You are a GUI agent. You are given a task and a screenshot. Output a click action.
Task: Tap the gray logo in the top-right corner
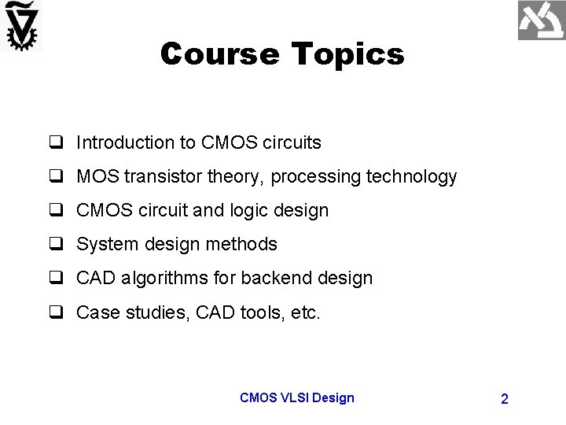click(x=541, y=21)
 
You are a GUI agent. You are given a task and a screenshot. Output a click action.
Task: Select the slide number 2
click(x=504, y=399)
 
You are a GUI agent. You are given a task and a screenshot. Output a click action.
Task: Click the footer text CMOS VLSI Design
click(x=296, y=397)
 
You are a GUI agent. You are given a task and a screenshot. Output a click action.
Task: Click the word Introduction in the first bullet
click(x=125, y=142)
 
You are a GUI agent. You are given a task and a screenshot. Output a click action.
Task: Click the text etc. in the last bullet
click(x=304, y=312)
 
